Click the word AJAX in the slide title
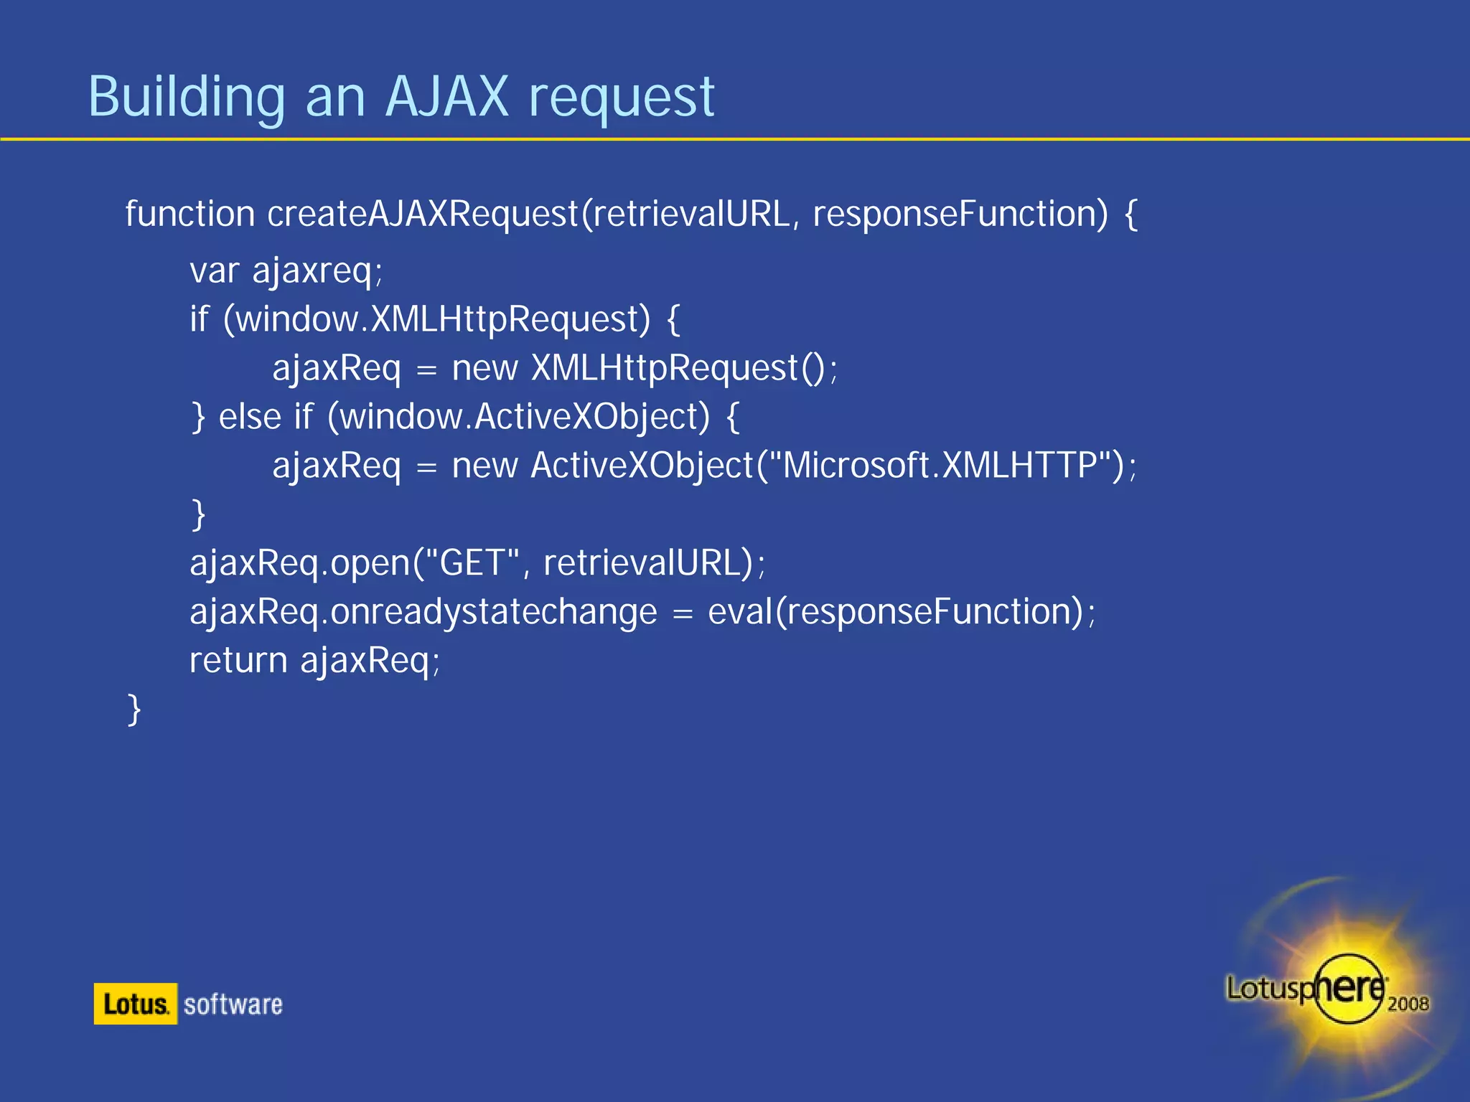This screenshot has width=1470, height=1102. coord(446,97)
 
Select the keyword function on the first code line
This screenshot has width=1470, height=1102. coord(189,214)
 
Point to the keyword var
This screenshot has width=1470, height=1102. coord(214,271)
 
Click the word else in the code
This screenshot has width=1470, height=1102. coord(250,417)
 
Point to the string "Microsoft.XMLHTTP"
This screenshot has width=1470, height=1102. coord(940,466)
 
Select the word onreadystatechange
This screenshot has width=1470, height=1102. coord(494,612)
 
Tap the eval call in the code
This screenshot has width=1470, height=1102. coord(739,612)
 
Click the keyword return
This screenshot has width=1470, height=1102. coord(238,661)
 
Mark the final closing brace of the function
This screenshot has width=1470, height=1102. coord(134,710)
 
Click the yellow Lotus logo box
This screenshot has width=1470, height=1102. coord(135,1004)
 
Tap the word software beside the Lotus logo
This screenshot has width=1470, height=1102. coord(233,1004)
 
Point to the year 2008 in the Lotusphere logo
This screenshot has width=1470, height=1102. coord(1408,1003)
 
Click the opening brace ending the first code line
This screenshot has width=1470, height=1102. coord(1131,214)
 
